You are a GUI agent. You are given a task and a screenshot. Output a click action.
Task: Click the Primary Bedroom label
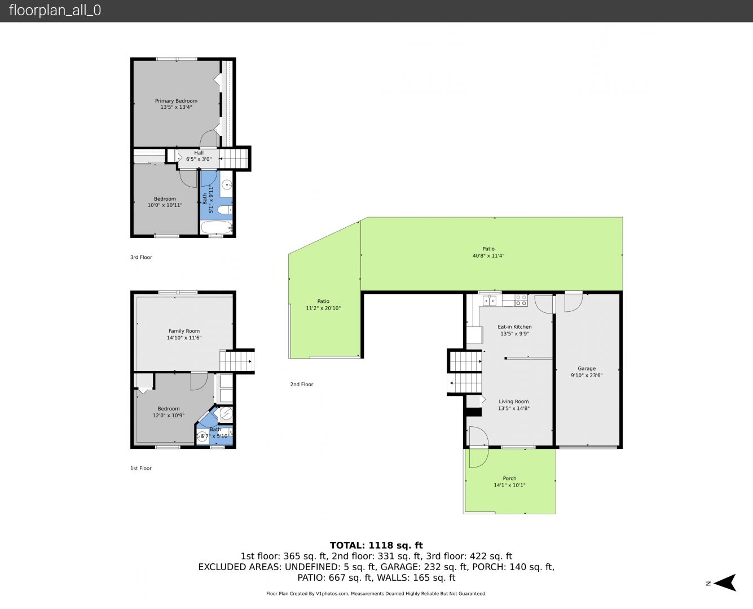click(176, 101)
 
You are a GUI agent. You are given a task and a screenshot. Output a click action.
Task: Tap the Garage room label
click(587, 368)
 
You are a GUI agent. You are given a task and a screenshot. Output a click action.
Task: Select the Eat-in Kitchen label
click(514, 327)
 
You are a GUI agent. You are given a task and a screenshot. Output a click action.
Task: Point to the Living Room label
click(514, 401)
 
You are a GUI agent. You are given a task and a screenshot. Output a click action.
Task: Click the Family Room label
click(184, 331)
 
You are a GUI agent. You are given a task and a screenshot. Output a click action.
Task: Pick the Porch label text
click(509, 478)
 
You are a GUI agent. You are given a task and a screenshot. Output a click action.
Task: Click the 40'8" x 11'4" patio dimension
click(488, 255)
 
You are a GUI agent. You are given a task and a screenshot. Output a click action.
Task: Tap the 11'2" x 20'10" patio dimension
click(323, 308)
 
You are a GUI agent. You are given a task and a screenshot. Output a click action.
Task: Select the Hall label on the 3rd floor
click(199, 153)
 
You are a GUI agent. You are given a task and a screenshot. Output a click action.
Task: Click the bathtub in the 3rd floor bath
click(217, 228)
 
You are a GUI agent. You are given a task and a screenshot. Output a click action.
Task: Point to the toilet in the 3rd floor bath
click(225, 210)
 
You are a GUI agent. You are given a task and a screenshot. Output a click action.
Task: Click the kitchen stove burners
click(521, 301)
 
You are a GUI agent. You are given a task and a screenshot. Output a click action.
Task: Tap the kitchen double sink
click(489, 301)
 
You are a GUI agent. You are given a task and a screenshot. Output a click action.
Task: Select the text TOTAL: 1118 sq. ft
click(376, 545)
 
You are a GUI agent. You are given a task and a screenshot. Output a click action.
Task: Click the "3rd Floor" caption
click(141, 257)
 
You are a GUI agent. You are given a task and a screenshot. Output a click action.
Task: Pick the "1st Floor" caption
click(140, 469)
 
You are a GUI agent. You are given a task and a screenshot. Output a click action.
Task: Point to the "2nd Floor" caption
click(302, 384)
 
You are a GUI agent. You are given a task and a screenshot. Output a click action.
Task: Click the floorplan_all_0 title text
click(55, 10)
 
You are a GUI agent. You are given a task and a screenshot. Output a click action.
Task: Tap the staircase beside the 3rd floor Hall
click(234, 158)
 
